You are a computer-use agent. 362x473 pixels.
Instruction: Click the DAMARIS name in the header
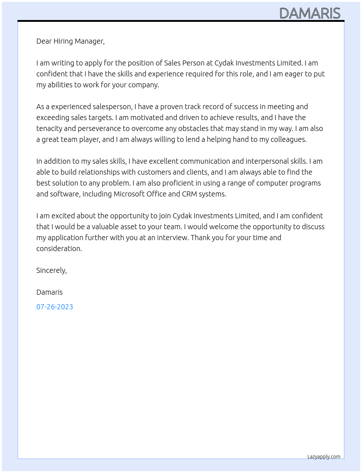(310, 13)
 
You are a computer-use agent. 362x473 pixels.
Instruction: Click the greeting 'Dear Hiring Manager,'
(71, 41)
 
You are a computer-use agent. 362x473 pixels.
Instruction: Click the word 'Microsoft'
(129, 194)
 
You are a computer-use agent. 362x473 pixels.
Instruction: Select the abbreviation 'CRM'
(189, 194)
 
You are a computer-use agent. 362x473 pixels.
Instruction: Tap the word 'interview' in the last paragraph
(172, 238)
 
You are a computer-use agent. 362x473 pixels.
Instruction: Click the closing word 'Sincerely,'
(52, 270)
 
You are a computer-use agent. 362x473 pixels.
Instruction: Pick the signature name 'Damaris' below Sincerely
(49, 292)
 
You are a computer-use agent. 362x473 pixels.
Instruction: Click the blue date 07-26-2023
(55, 307)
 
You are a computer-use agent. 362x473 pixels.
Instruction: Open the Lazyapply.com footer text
(324, 457)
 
